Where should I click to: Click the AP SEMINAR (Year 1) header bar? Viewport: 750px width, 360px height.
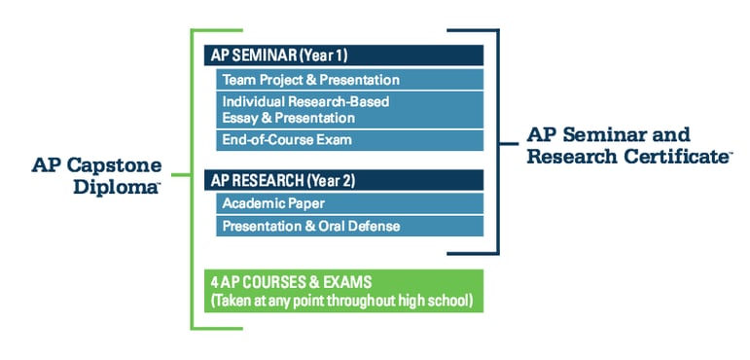[343, 54]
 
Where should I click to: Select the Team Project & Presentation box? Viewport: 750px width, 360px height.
[349, 80]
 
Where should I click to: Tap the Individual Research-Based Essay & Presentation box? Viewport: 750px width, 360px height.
[349, 109]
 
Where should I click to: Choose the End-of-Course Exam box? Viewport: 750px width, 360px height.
[349, 139]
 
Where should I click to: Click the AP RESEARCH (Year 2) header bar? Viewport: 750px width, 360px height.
[343, 180]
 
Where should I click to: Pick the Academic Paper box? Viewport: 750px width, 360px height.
[349, 203]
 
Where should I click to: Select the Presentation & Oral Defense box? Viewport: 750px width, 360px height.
[349, 226]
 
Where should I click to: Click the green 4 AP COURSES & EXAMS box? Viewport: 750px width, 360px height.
[343, 291]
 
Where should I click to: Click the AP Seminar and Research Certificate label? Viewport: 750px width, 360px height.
[627, 145]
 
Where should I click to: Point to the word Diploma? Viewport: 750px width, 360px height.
[115, 187]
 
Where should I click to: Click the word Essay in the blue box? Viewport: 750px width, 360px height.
[240, 118]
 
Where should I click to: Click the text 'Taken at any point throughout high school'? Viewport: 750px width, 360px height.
[342, 301]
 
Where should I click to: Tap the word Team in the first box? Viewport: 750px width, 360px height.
[238, 80]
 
